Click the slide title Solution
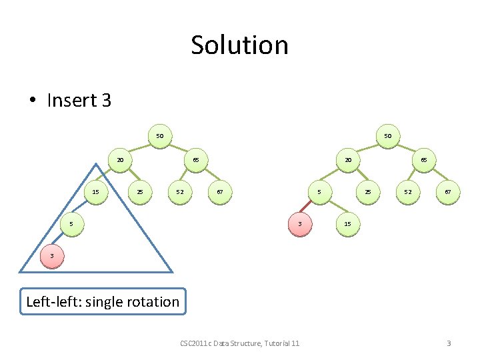239,45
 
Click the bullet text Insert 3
79,100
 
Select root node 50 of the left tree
159,136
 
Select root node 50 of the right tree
387,136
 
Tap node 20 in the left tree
120,160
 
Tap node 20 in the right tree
348,160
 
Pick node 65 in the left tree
196,160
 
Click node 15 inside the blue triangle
96,192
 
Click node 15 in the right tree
348,224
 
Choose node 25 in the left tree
140,192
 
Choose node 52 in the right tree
408,192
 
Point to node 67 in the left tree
220,192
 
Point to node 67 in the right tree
448,192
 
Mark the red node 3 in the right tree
300,224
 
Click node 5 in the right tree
319,192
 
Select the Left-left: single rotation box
103,301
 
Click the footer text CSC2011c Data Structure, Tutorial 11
239,343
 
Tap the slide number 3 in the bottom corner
449,343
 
